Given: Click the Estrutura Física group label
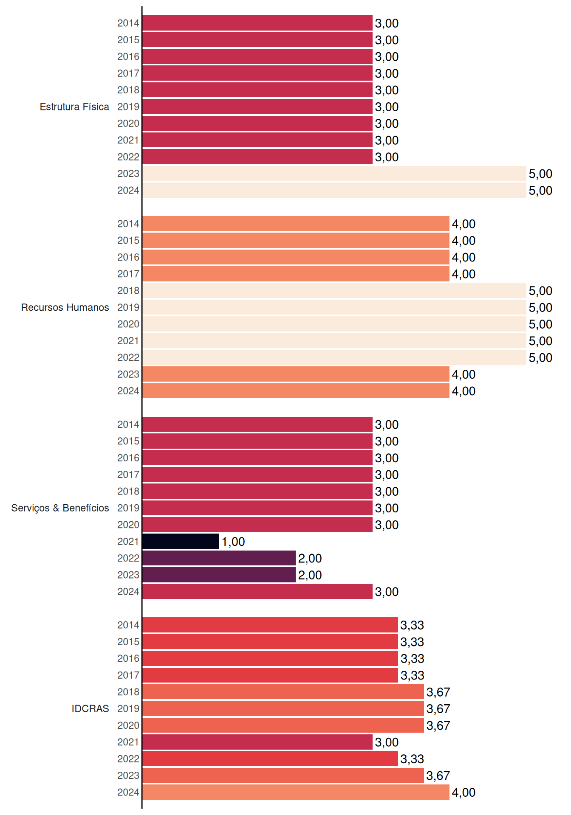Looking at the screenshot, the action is [74, 107].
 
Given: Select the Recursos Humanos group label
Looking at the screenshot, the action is [65, 307].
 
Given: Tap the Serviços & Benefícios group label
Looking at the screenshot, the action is [60, 508].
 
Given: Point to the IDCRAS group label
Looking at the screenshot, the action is [90, 708].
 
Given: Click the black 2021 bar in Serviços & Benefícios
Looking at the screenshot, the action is [181, 541].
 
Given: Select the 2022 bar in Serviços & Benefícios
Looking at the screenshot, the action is [219, 558].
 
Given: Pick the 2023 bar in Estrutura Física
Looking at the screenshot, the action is [334, 174].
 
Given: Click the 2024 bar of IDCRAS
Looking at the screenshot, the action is [296, 792].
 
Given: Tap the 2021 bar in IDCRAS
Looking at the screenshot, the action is [257, 742].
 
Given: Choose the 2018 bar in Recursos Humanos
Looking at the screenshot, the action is [334, 291].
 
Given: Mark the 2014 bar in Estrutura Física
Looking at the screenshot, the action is [257, 23].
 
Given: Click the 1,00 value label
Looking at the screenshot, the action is [233, 542].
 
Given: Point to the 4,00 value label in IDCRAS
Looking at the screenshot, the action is [464, 793].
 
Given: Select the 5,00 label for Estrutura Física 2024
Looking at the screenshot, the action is [540, 191].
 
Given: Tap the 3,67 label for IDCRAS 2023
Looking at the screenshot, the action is [438, 776].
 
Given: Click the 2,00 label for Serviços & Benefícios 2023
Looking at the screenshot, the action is [310, 575].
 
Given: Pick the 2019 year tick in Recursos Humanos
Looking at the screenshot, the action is [128, 307].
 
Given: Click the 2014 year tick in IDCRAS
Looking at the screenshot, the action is [128, 625].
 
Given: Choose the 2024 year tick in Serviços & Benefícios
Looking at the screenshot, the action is [128, 591].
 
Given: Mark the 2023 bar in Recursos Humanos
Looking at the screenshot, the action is [296, 374].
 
